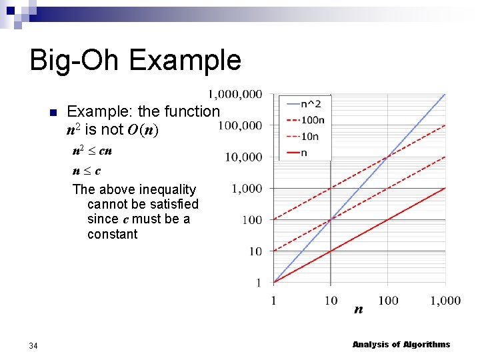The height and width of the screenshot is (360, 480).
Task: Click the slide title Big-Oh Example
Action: click(x=135, y=60)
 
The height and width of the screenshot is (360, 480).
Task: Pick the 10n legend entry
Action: click(x=309, y=137)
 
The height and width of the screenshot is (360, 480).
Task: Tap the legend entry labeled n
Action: click(x=304, y=153)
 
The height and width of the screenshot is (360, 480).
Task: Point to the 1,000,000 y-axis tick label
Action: click(x=235, y=94)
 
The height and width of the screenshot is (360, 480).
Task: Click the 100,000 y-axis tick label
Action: click(x=240, y=125)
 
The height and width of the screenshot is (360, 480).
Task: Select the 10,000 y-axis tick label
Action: click(x=243, y=157)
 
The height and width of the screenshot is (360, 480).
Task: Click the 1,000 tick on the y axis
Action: click(x=247, y=189)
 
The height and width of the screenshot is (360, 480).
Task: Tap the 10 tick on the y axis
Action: click(x=255, y=251)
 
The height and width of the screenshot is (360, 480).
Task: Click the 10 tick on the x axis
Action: click(x=331, y=301)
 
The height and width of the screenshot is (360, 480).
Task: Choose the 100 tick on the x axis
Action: click(x=387, y=301)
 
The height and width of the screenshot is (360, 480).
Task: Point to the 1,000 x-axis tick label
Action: click(x=445, y=301)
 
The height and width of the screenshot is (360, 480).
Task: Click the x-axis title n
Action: click(x=359, y=309)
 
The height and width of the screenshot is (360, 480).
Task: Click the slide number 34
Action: click(x=33, y=345)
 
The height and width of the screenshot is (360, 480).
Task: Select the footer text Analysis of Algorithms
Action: click(x=401, y=345)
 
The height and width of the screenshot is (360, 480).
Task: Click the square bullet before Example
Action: click(x=53, y=112)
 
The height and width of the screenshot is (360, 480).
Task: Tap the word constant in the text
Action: click(x=112, y=234)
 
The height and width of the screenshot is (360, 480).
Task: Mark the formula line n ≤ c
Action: click(x=87, y=171)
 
